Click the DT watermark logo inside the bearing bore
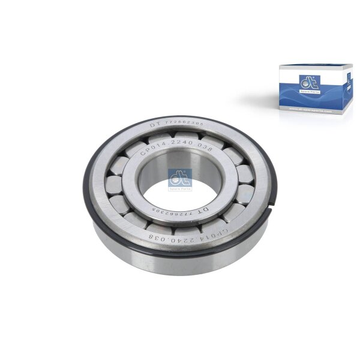(180, 178)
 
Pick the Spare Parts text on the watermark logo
(180, 187)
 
